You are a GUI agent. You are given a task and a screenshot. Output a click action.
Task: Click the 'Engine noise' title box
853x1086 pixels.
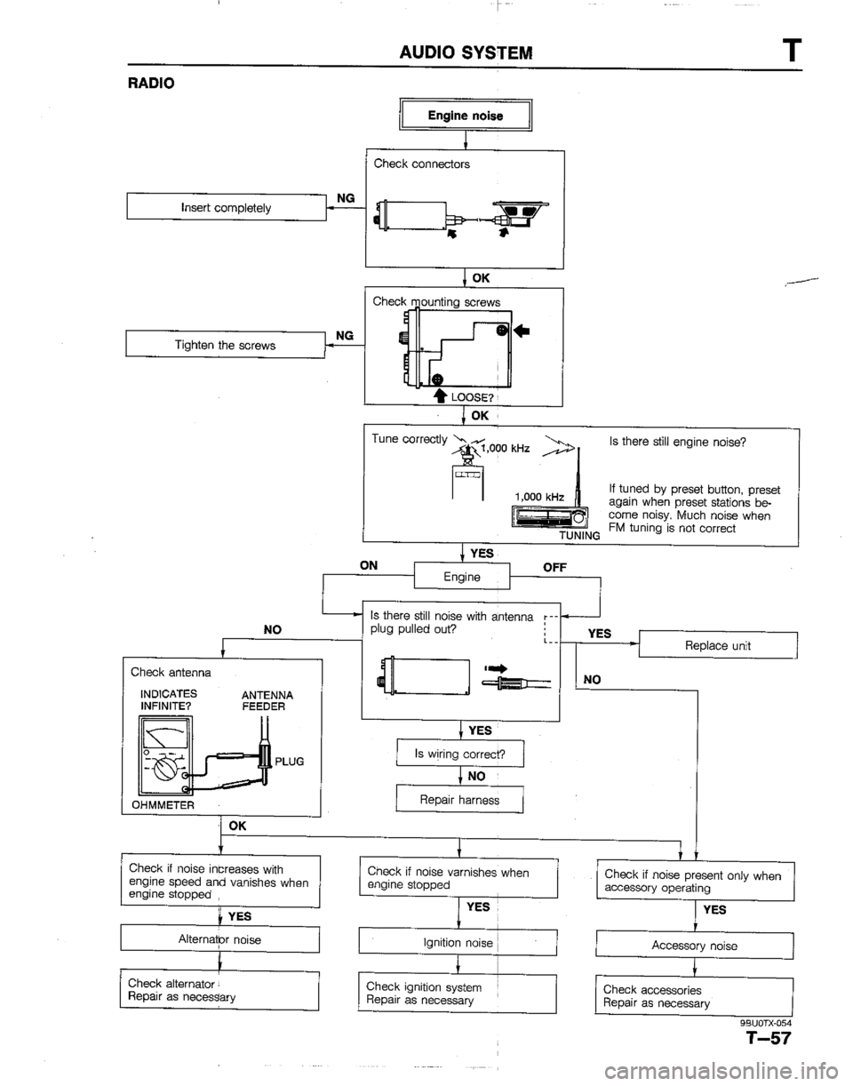point(466,116)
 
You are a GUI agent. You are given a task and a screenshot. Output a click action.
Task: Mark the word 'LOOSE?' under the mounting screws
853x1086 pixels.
point(418,400)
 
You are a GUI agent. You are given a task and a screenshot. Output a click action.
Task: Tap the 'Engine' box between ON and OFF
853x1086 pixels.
point(463,579)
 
